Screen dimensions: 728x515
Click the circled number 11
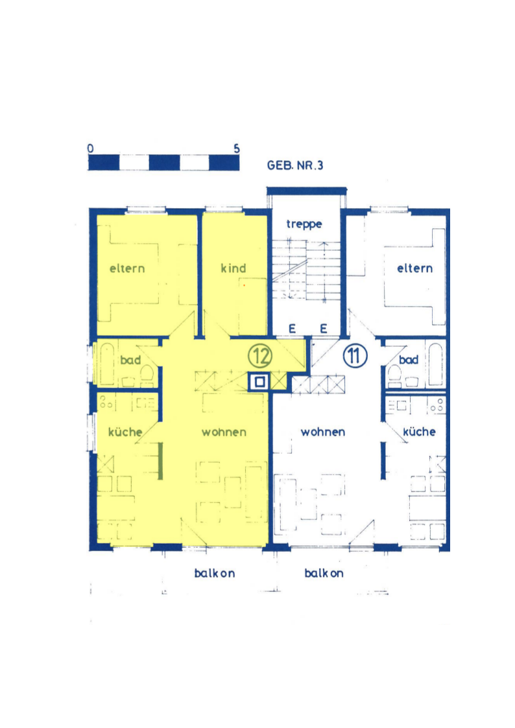pyautogui.click(x=355, y=355)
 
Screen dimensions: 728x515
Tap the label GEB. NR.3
pyautogui.click(x=295, y=165)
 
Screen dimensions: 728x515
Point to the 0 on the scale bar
pyautogui.click(x=90, y=148)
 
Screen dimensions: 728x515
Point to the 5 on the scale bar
pyautogui.click(x=236, y=148)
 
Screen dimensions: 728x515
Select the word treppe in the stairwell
pyautogui.click(x=304, y=224)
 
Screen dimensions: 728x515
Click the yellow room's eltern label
pyautogui.click(x=126, y=268)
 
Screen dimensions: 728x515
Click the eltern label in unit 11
pyautogui.click(x=414, y=268)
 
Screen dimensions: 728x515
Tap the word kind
pyautogui.click(x=234, y=268)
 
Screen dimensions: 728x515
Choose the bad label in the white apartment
pyautogui.click(x=408, y=360)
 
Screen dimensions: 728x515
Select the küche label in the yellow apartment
pyautogui.click(x=125, y=432)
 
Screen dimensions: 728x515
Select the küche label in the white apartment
pyautogui.click(x=419, y=432)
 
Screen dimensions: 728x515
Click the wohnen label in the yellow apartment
pyautogui.click(x=224, y=432)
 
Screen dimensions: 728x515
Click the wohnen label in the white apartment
pyautogui.click(x=322, y=432)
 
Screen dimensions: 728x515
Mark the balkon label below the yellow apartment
pyautogui.click(x=214, y=573)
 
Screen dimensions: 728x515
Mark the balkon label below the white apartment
pyautogui.click(x=324, y=573)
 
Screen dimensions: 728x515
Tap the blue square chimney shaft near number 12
pyautogui.click(x=259, y=382)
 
